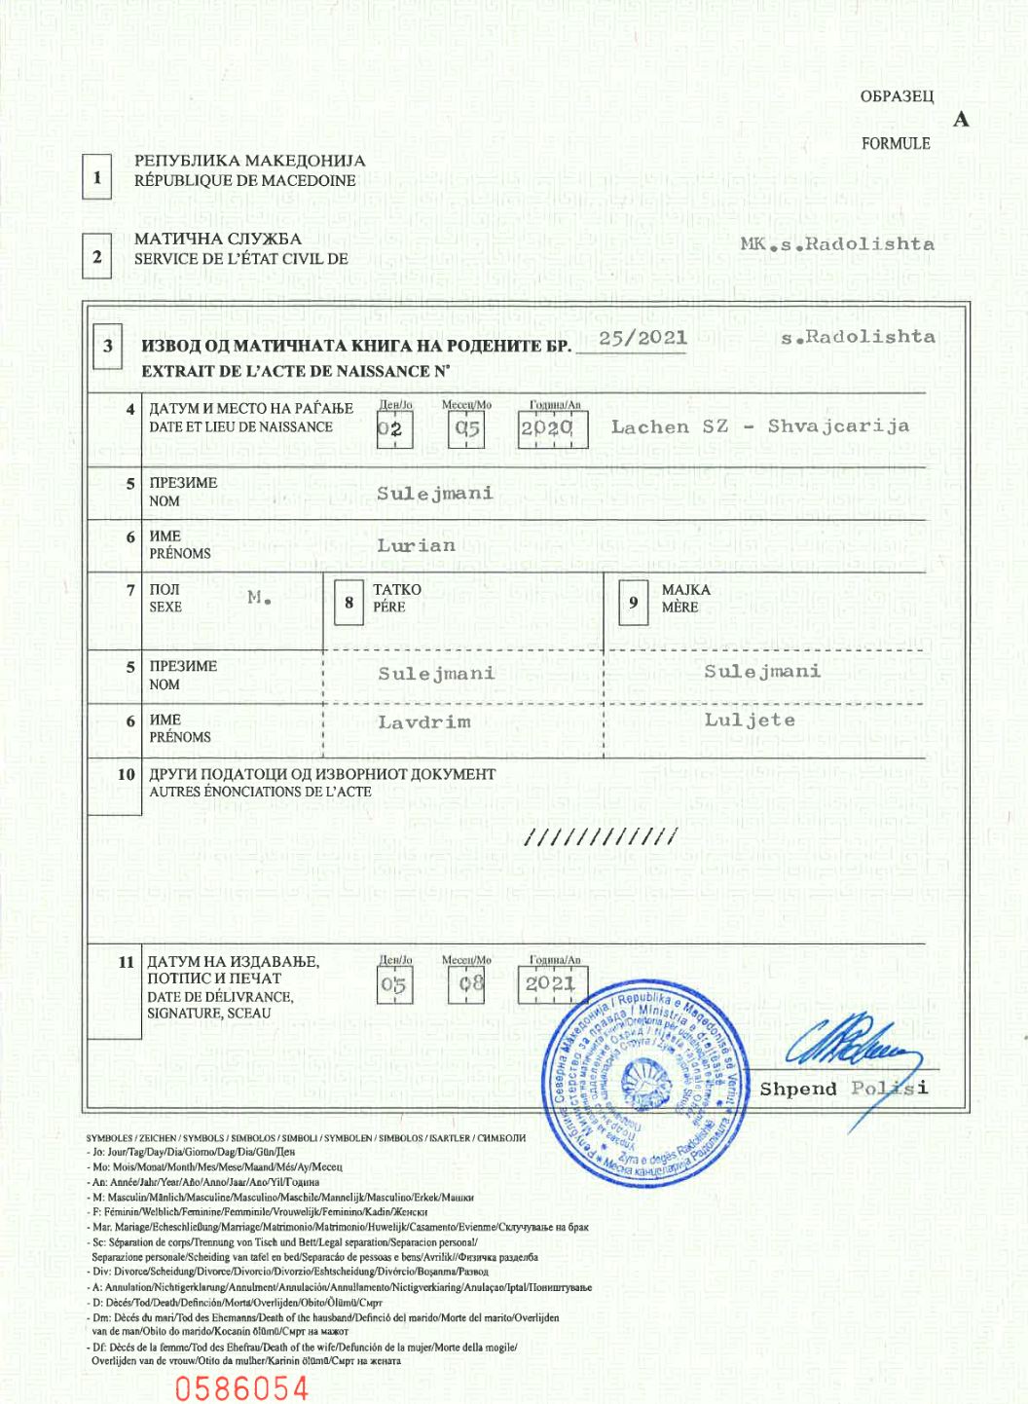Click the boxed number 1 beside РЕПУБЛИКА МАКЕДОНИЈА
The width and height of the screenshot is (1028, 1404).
coord(96,178)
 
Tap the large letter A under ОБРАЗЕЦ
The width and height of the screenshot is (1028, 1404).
coord(961,120)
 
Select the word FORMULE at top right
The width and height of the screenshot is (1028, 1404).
coord(895,143)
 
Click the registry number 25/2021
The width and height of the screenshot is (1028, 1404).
coord(642,338)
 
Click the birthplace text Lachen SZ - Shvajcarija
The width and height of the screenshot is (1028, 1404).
coord(759,426)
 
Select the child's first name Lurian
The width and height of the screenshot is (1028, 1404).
coord(416,546)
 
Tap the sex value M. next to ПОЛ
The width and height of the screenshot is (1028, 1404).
coord(258,598)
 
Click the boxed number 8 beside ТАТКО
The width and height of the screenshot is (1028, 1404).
coord(349,603)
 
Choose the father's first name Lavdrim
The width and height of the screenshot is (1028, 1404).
coord(423,722)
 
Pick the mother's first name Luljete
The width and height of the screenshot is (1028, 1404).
coord(750,720)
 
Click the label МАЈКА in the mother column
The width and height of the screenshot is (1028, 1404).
coord(685,590)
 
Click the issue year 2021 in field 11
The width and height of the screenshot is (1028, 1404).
coord(551,984)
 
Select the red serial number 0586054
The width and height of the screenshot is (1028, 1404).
coord(241,1387)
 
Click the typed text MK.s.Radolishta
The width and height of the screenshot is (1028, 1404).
coord(836,244)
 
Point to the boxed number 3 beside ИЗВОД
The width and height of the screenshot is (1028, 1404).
coord(108,347)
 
